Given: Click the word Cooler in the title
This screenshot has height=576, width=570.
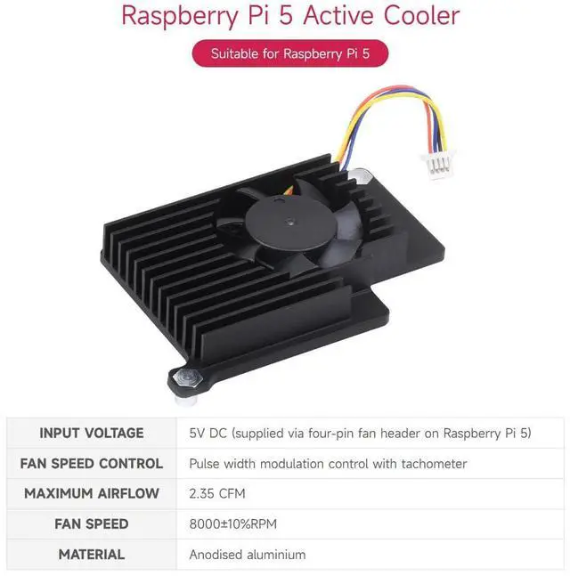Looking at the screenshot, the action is (421, 15).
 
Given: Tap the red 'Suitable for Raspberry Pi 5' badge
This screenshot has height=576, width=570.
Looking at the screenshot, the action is (290, 53).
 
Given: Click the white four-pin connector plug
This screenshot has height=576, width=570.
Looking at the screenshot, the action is (439, 164).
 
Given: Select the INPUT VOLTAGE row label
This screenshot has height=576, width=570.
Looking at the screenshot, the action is (92, 433).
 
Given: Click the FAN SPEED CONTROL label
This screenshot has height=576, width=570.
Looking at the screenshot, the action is (92, 464).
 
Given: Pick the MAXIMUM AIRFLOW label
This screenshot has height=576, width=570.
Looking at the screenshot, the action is (92, 493).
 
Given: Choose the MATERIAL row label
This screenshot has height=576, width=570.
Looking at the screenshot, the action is (92, 555).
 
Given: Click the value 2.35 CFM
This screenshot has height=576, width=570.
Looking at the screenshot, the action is (217, 493).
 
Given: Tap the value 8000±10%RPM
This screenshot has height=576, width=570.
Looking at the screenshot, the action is (233, 523).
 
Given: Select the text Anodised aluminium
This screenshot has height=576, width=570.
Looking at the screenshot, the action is (248, 555).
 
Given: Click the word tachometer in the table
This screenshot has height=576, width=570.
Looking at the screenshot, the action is (434, 464).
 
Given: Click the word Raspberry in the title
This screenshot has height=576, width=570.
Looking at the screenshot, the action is (180, 17).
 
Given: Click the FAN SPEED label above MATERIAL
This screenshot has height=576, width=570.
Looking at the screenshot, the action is (92, 523).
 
